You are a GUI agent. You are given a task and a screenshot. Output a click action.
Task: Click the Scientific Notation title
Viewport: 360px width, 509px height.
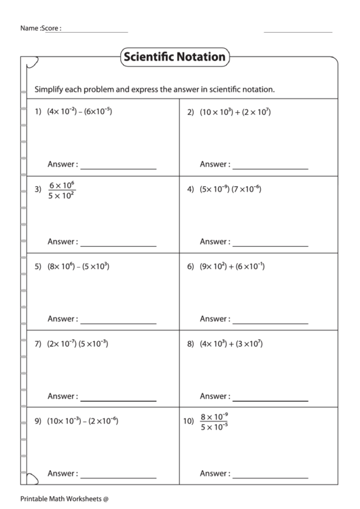click(x=174, y=57)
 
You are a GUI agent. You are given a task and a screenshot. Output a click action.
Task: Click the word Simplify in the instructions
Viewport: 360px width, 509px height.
click(x=50, y=89)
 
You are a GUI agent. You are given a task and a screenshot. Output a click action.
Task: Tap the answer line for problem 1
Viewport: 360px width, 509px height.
click(x=118, y=168)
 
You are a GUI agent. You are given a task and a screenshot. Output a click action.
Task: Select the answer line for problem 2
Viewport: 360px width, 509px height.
click(x=270, y=168)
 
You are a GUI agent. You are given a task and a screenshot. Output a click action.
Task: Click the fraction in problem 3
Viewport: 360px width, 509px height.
click(x=62, y=190)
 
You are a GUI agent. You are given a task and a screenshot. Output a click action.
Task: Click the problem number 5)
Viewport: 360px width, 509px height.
click(x=38, y=267)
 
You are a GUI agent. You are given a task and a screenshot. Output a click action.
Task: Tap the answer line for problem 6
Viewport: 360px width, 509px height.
click(x=270, y=322)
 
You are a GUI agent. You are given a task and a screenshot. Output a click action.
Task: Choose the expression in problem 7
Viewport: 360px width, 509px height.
click(x=77, y=344)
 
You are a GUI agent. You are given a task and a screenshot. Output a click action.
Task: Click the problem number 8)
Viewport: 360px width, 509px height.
click(x=191, y=344)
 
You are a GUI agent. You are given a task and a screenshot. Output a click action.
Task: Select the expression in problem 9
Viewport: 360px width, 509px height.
click(x=82, y=421)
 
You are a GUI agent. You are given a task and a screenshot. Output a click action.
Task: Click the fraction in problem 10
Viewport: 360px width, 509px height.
click(x=214, y=421)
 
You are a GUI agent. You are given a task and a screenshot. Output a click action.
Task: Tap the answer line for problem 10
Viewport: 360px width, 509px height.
click(x=270, y=476)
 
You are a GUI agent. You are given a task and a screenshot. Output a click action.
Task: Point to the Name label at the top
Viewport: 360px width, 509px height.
click(x=29, y=29)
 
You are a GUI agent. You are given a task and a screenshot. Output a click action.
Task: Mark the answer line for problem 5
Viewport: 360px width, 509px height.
click(x=118, y=322)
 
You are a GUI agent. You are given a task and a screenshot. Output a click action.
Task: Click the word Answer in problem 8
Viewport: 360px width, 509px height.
click(x=213, y=396)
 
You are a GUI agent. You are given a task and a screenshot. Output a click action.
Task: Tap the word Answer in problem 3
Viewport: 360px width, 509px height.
click(x=61, y=242)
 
